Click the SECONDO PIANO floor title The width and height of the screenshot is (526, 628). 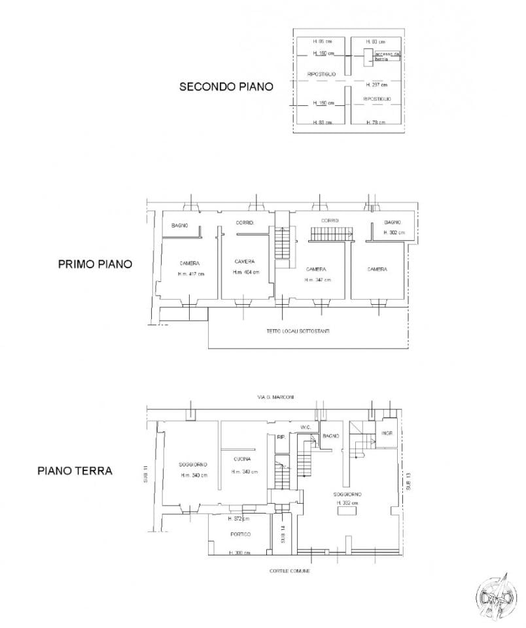tap(226, 87)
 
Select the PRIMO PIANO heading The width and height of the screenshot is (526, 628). tap(95, 265)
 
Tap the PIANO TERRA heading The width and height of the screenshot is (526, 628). tap(75, 470)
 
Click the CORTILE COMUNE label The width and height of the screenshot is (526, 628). tap(290, 571)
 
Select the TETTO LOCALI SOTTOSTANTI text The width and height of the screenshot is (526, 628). tap(298, 331)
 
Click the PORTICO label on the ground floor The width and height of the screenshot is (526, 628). tap(240, 534)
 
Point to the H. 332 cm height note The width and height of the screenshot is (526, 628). tap(347, 503)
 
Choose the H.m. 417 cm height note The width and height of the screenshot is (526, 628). tap(191, 273)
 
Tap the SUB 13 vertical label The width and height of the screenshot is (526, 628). tap(408, 481)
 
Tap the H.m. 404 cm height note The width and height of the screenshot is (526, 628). tap(247, 272)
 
